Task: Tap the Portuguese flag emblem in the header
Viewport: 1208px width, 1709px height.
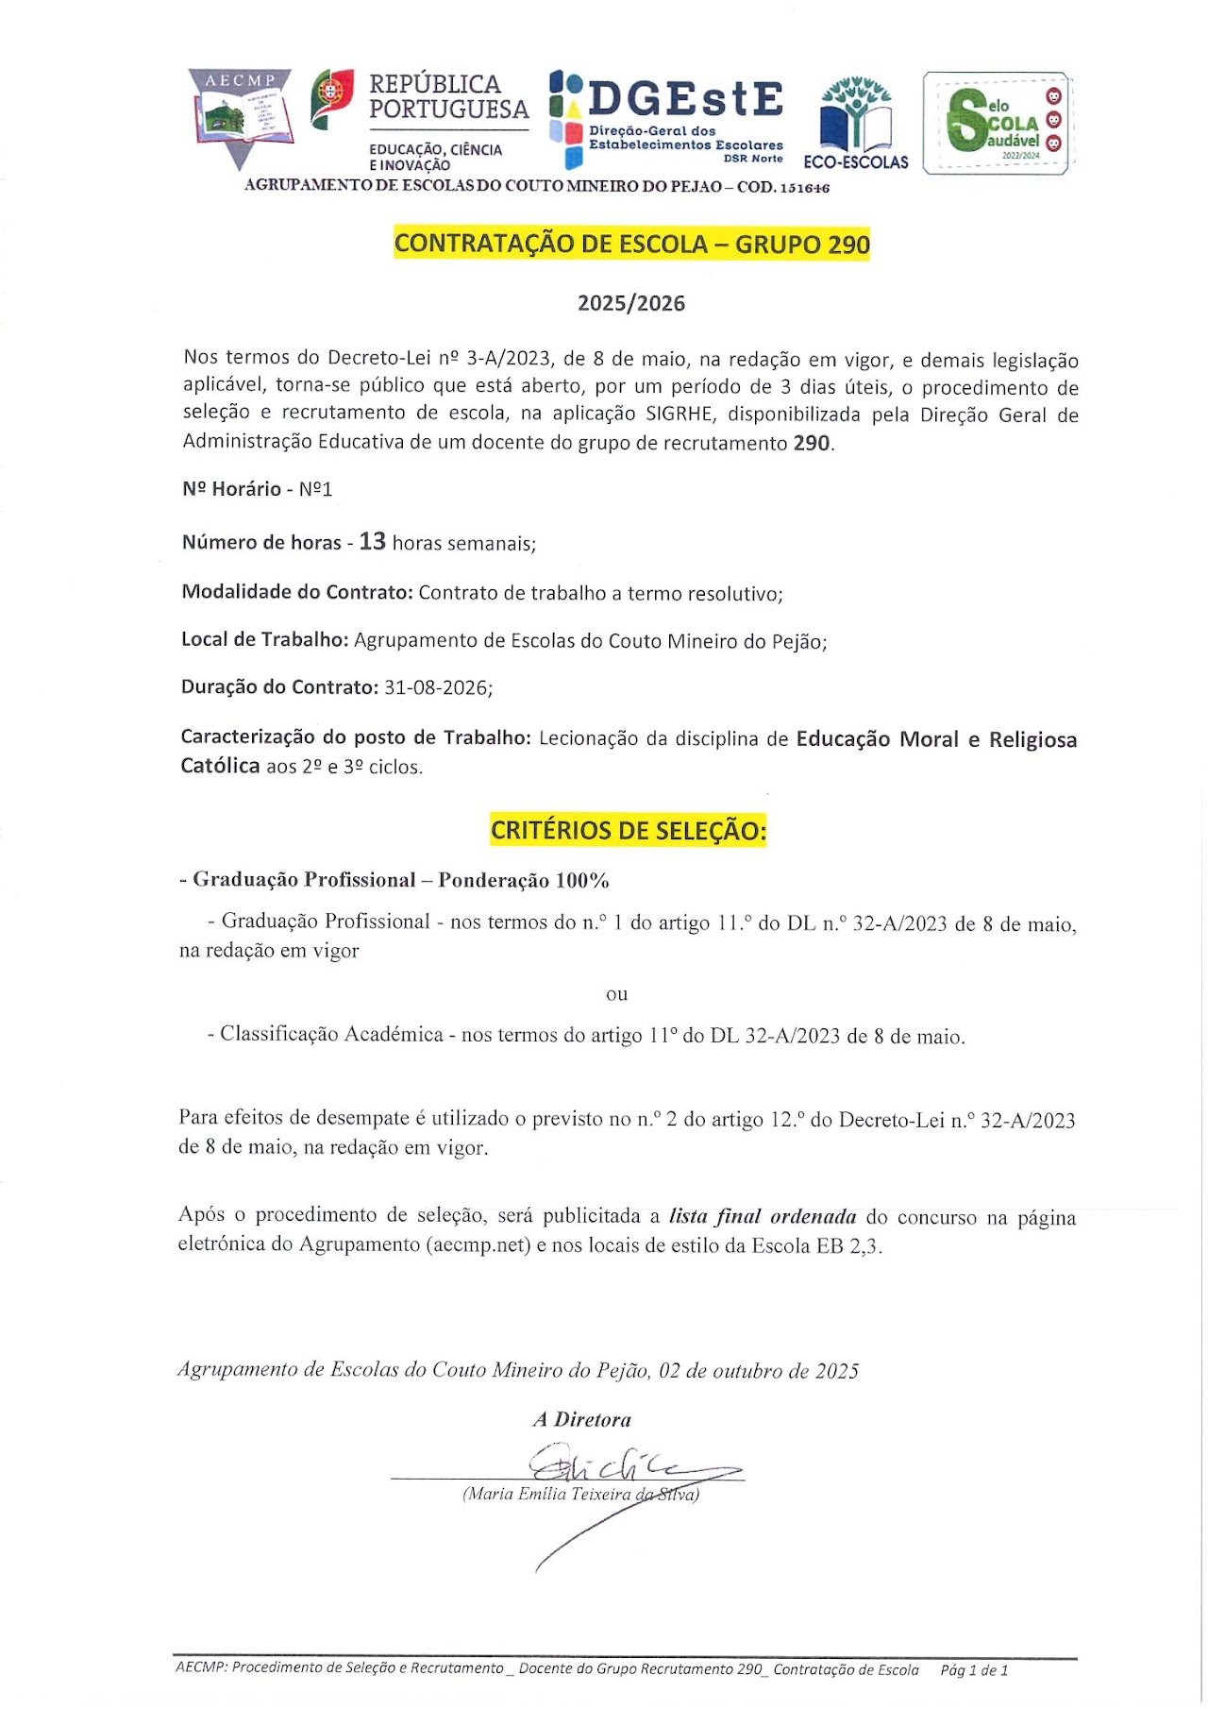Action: tap(331, 98)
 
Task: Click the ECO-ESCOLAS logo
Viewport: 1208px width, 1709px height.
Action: tap(856, 123)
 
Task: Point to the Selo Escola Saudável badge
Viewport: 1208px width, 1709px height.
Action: tap(998, 123)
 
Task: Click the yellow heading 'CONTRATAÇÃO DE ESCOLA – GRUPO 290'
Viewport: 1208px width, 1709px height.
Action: tap(631, 244)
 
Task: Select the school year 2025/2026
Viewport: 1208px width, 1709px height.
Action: tap(631, 303)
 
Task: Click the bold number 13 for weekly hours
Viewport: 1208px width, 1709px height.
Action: tap(373, 541)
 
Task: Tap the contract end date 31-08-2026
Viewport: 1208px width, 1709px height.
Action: tap(437, 687)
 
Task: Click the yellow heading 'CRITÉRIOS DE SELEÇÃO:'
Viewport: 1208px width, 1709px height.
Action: tap(628, 831)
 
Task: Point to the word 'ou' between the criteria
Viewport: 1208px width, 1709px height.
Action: tap(616, 993)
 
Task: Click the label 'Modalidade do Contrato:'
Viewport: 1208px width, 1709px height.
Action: tap(297, 592)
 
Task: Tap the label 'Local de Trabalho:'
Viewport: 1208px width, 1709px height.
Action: tap(264, 640)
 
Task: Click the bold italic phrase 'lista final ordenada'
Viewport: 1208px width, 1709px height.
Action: tap(763, 1216)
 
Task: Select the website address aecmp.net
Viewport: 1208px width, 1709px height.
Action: tap(480, 1244)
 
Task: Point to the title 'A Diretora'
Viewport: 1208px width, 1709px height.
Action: tap(581, 1419)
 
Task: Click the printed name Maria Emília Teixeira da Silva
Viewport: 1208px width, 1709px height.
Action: tap(580, 1494)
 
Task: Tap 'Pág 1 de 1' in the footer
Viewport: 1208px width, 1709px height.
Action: tap(974, 1670)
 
